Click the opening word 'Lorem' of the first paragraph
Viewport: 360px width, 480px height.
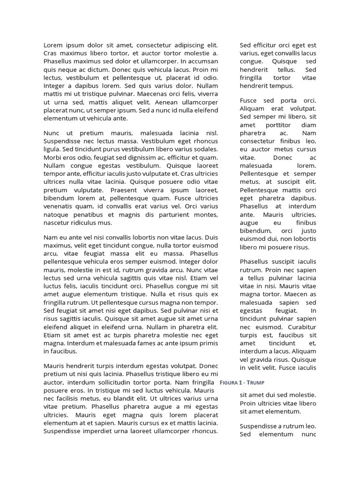pos(53,45)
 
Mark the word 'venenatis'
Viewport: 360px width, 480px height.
pos(59,207)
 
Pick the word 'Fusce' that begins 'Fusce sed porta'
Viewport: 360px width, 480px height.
pos(249,100)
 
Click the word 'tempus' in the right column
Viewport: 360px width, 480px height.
pos(282,86)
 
